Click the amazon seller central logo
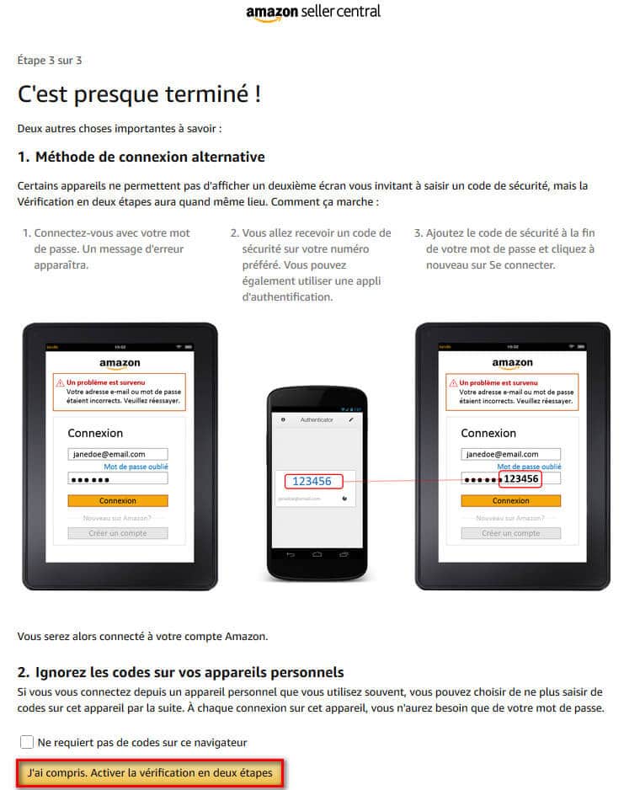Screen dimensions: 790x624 312,12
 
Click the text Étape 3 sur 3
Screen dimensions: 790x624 49,61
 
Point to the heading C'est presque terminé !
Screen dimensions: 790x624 139,94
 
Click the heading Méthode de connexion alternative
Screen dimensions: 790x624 141,157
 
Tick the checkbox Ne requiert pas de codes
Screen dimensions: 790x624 27,742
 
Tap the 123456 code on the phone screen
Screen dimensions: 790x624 312,482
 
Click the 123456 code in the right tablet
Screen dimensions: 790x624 520,478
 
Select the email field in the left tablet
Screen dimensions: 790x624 117,454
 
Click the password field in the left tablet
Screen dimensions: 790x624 117,478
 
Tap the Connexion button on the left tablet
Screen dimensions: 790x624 117,500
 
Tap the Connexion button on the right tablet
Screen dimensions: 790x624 510,500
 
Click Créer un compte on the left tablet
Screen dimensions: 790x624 117,533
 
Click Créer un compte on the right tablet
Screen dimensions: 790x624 510,533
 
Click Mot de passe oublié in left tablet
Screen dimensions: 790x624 136,466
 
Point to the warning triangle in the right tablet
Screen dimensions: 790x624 452,382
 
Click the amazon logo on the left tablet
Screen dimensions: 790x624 119,364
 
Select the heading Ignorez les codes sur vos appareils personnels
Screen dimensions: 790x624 181,672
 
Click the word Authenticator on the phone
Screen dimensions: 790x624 317,419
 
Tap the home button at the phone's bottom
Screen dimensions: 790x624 317,554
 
